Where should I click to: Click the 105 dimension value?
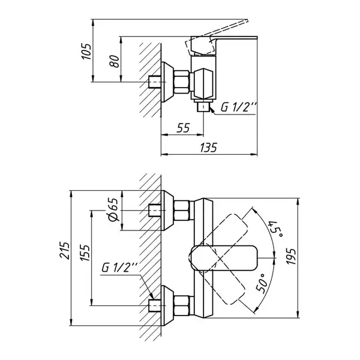click(x=86, y=52)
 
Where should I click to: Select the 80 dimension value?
click(x=115, y=61)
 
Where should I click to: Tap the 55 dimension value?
click(x=183, y=128)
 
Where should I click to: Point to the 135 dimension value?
click(x=208, y=148)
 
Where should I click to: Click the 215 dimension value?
click(x=65, y=250)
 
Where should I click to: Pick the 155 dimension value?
click(x=85, y=253)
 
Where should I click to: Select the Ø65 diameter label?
click(x=113, y=209)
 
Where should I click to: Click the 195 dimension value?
click(x=292, y=256)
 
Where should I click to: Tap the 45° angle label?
click(x=276, y=230)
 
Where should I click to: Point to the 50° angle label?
click(x=262, y=283)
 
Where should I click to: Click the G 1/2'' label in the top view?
click(x=238, y=107)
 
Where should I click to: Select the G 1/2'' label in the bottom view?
click(x=119, y=267)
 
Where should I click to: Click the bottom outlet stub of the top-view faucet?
click(x=203, y=107)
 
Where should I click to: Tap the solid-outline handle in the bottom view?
click(x=224, y=258)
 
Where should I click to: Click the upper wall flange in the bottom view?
click(x=167, y=211)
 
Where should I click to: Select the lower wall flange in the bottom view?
click(x=167, y=305)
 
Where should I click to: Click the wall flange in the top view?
click(x=167, y=82)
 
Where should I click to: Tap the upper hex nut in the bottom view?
click(x=182, y=211)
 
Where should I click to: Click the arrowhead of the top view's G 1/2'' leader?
click(x=211, y=110)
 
